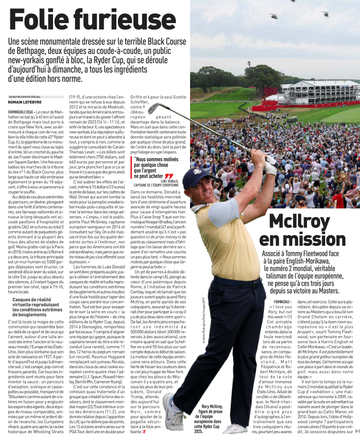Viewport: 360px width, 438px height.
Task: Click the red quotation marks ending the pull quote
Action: tap(169, 175)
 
